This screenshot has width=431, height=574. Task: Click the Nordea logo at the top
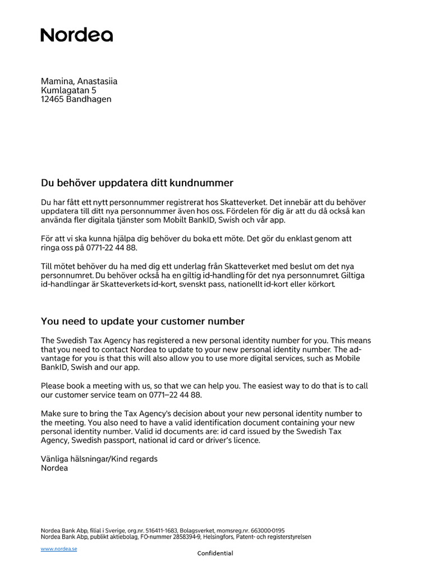click(x=76, y=35)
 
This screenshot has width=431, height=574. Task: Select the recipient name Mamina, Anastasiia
click(x=79, y=81)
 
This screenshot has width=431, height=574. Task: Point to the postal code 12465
click(x=52, y=99)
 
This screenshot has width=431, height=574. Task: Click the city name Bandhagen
click(x=89, y=99)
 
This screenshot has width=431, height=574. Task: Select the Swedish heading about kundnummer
click(x=137, y=183)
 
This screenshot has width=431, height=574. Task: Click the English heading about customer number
click(x=143, y=321)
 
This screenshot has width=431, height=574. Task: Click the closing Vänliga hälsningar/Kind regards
click(x=99, y=459)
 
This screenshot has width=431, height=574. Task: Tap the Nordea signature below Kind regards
click(x=54, y=467)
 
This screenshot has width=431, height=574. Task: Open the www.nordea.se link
click(x=59, y=549)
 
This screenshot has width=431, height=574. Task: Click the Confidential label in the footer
click(x=215, y=553)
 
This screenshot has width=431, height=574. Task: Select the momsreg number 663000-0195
click(x=267, y=530)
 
